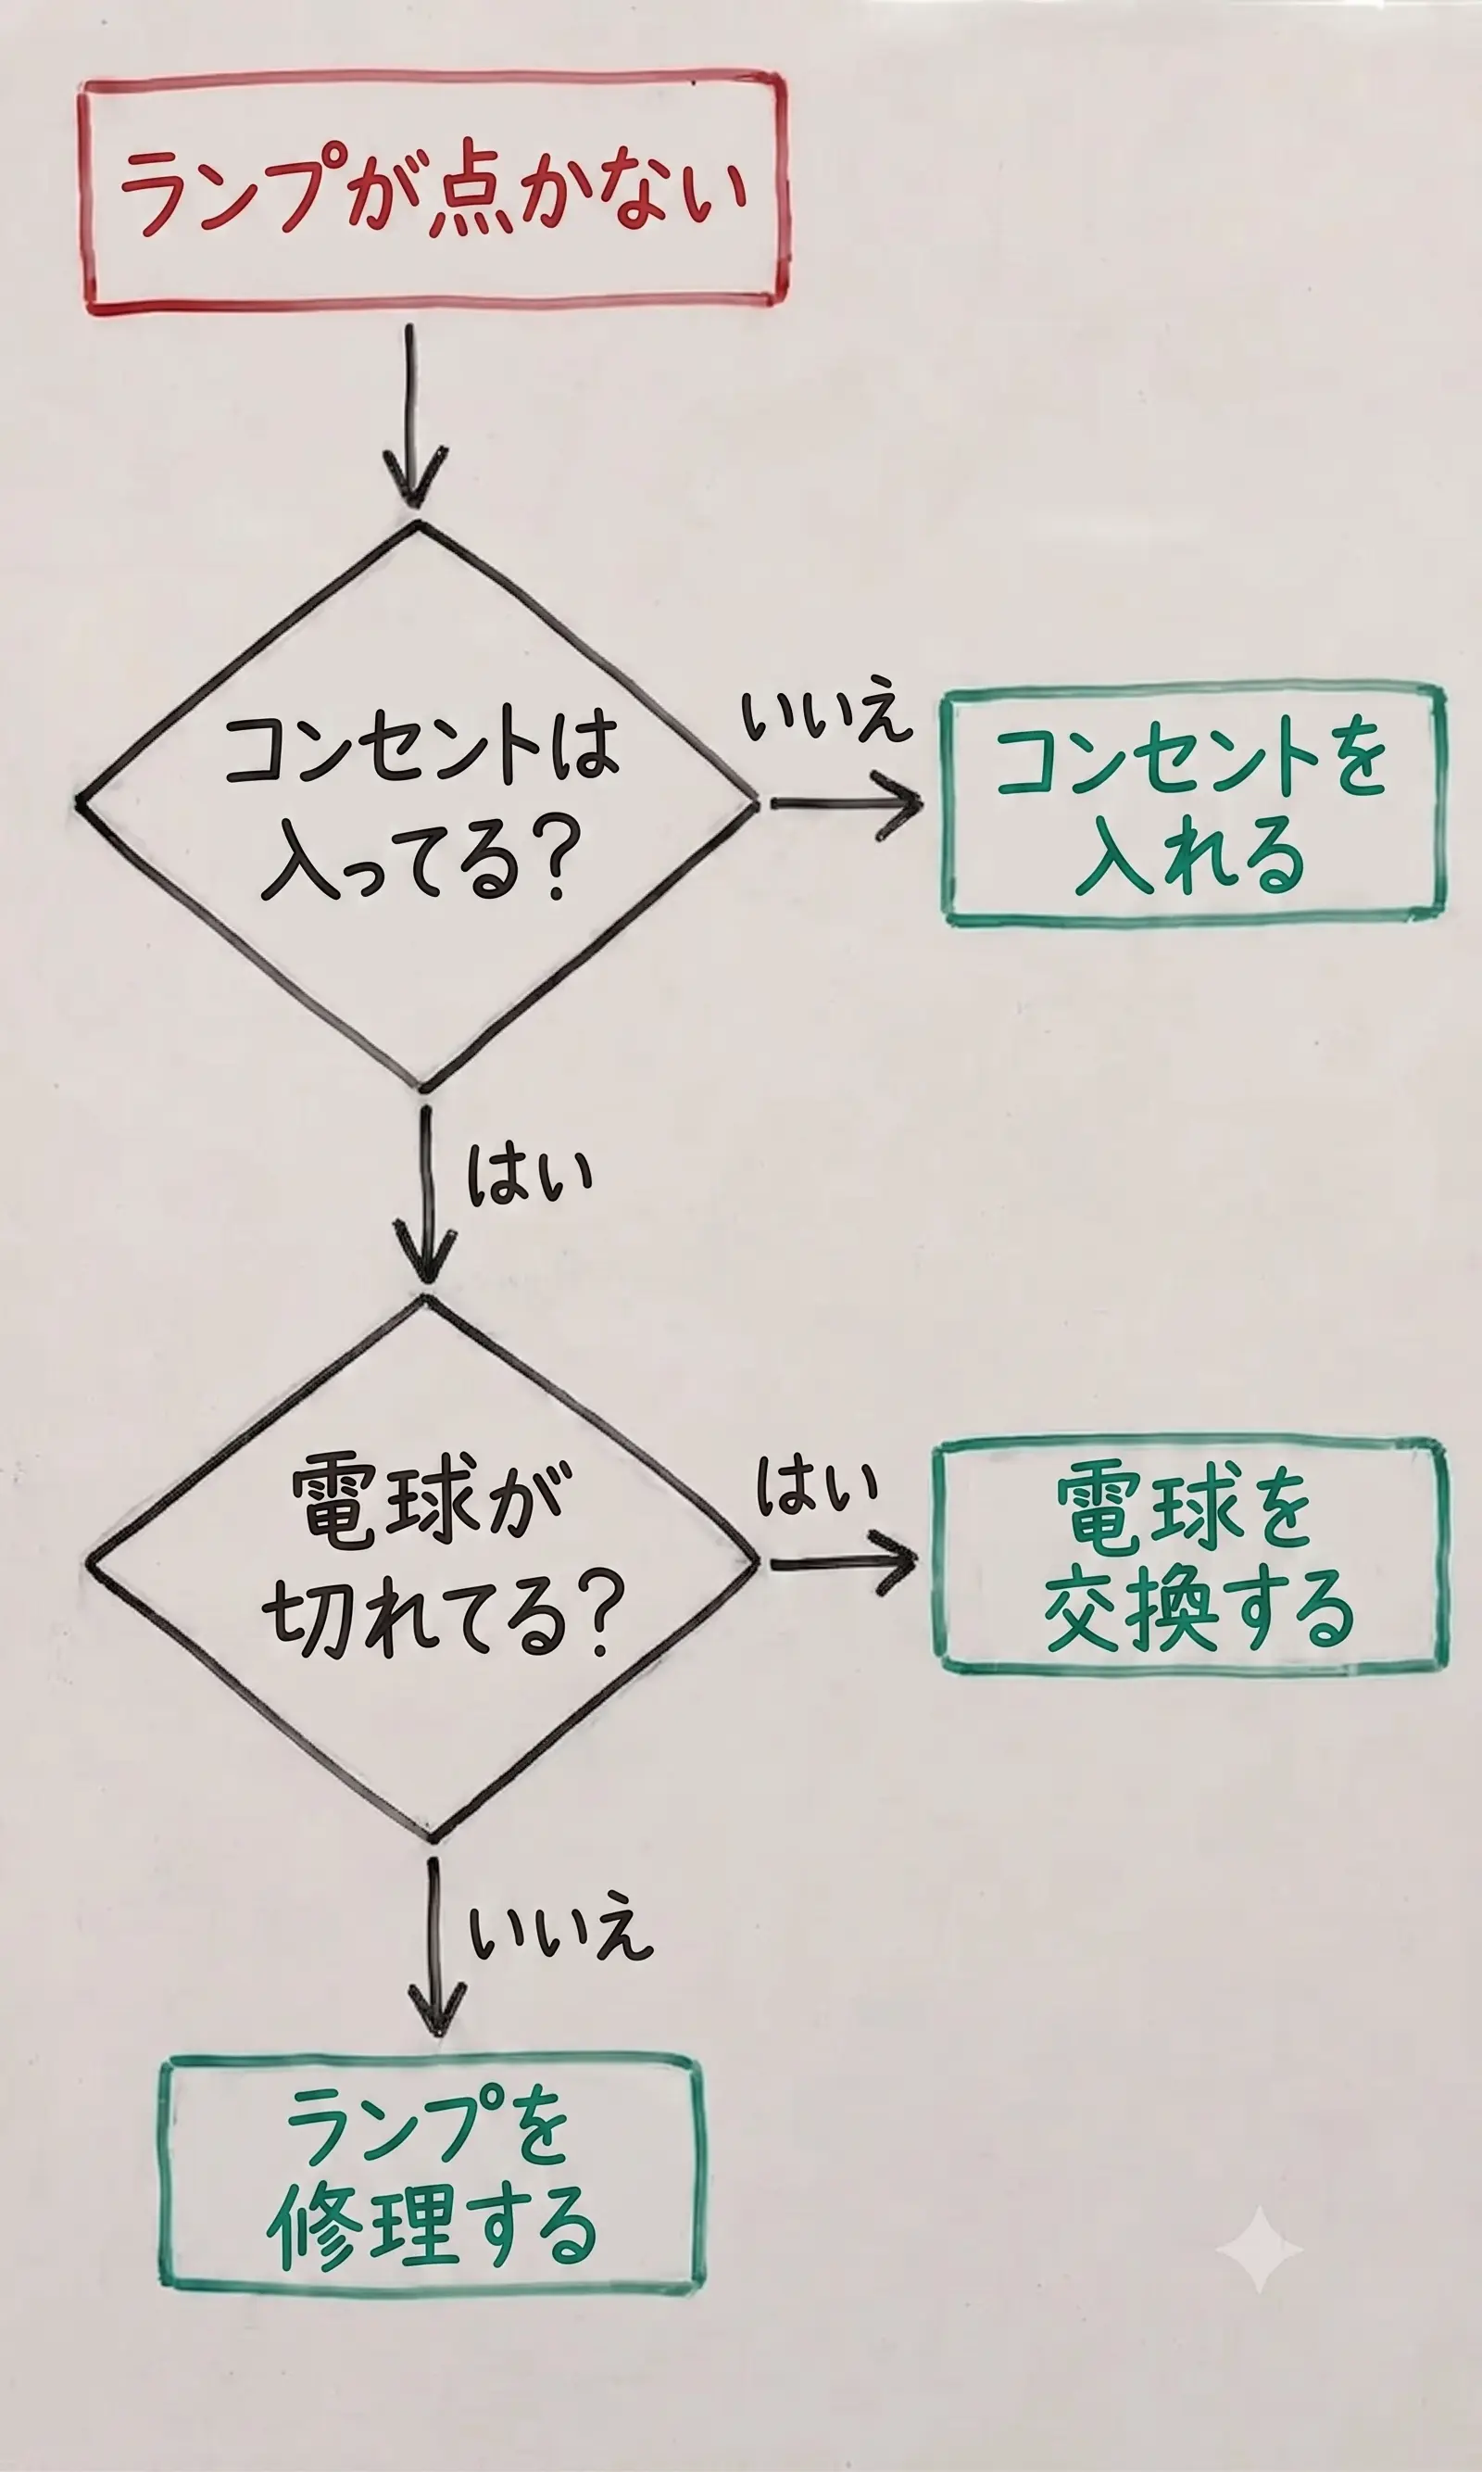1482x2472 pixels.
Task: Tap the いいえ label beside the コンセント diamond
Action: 827,715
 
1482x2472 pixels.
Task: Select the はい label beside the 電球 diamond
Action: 816,1485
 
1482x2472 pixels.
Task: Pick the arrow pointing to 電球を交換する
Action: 843,1561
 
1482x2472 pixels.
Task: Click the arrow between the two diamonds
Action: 427,1192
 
